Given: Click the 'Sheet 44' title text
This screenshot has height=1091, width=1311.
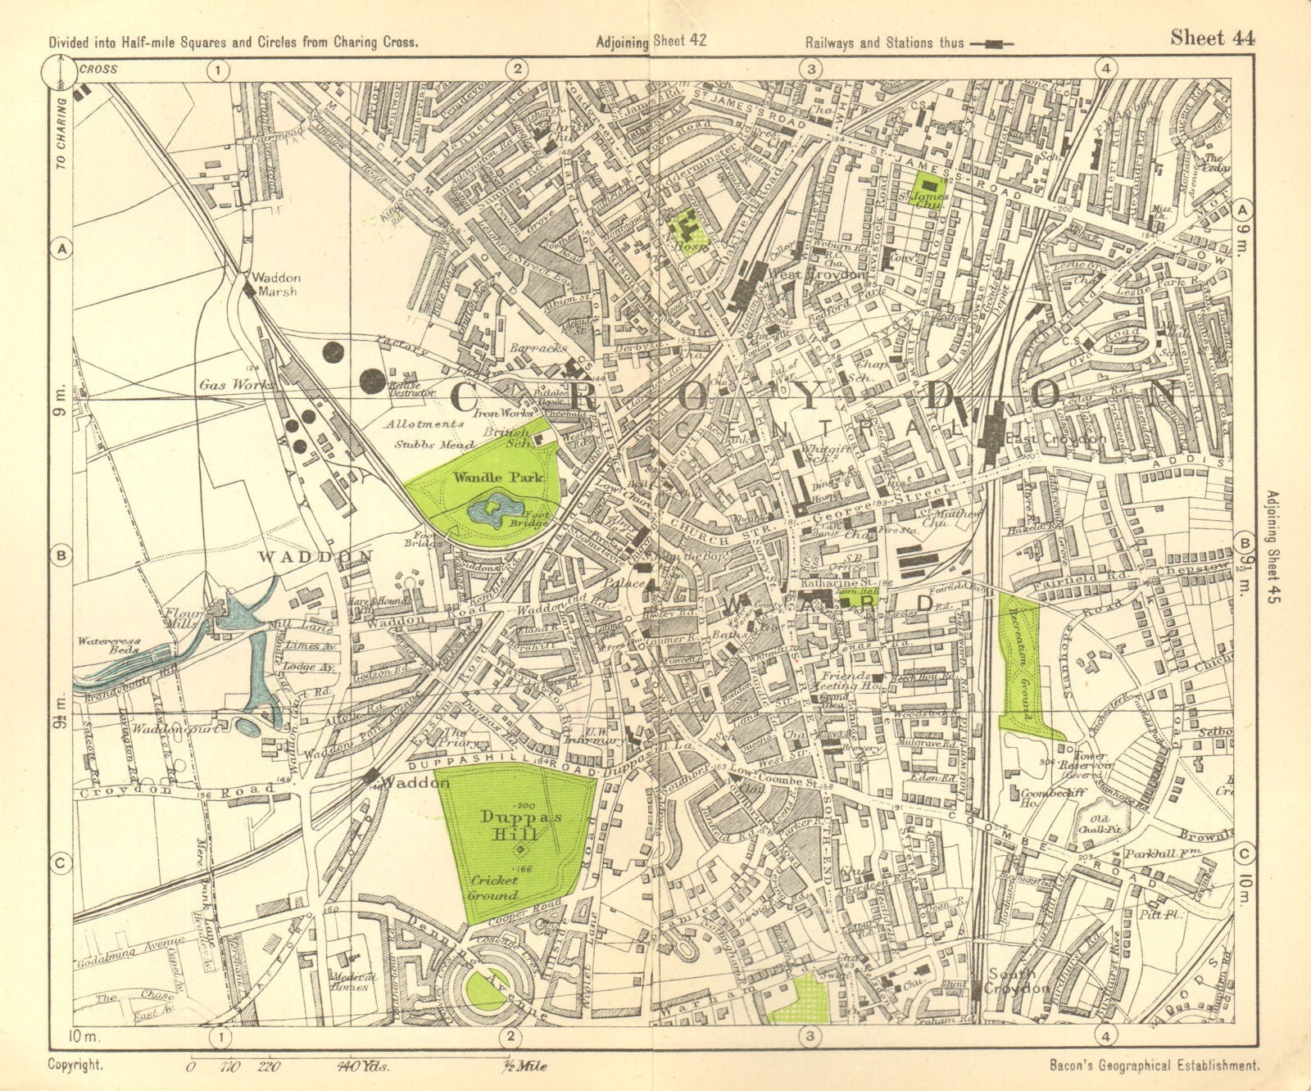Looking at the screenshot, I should tap(1212, 38).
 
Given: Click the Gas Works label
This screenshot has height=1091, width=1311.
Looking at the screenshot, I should tap(226, 384).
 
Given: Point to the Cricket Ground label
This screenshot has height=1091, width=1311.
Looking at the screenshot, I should tap(494, 887).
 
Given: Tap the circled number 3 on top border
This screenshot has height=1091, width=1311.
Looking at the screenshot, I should tap(810, 70).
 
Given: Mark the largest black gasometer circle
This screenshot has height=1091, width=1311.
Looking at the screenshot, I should tap(373, 379).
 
